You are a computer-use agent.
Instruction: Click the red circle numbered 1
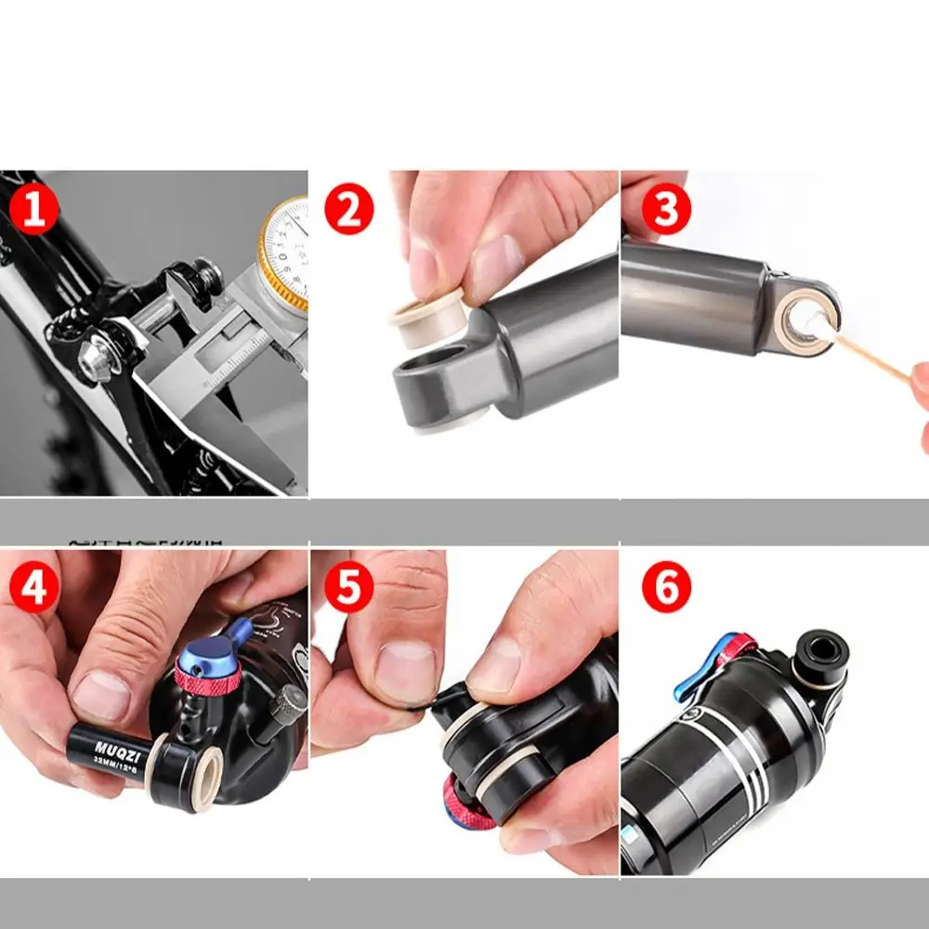pos(33,210)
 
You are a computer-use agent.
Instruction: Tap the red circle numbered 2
pos(348,210)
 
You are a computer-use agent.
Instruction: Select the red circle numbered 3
pos(666,210)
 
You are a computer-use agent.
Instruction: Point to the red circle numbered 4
pos(33,589)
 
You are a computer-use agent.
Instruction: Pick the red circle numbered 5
pos(348,589)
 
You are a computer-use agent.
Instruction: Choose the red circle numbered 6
pos(666,589)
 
